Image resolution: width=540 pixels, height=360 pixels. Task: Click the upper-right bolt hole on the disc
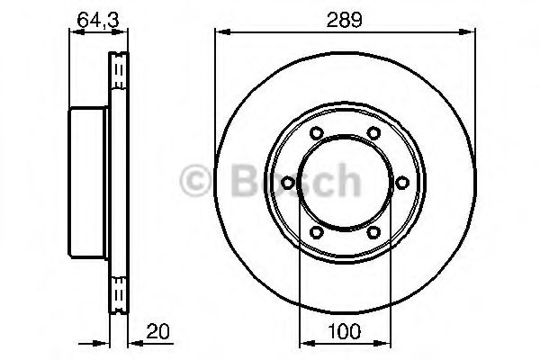click(372, 134)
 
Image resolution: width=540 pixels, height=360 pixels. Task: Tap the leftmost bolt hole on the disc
click(286, 183)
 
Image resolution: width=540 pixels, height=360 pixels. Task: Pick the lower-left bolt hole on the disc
click(314, 232)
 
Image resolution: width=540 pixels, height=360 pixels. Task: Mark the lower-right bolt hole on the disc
click(372, 232)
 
